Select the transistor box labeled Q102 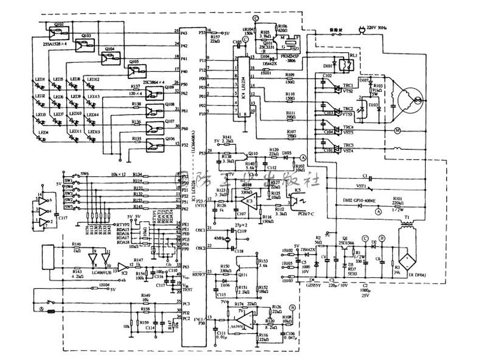58,31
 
